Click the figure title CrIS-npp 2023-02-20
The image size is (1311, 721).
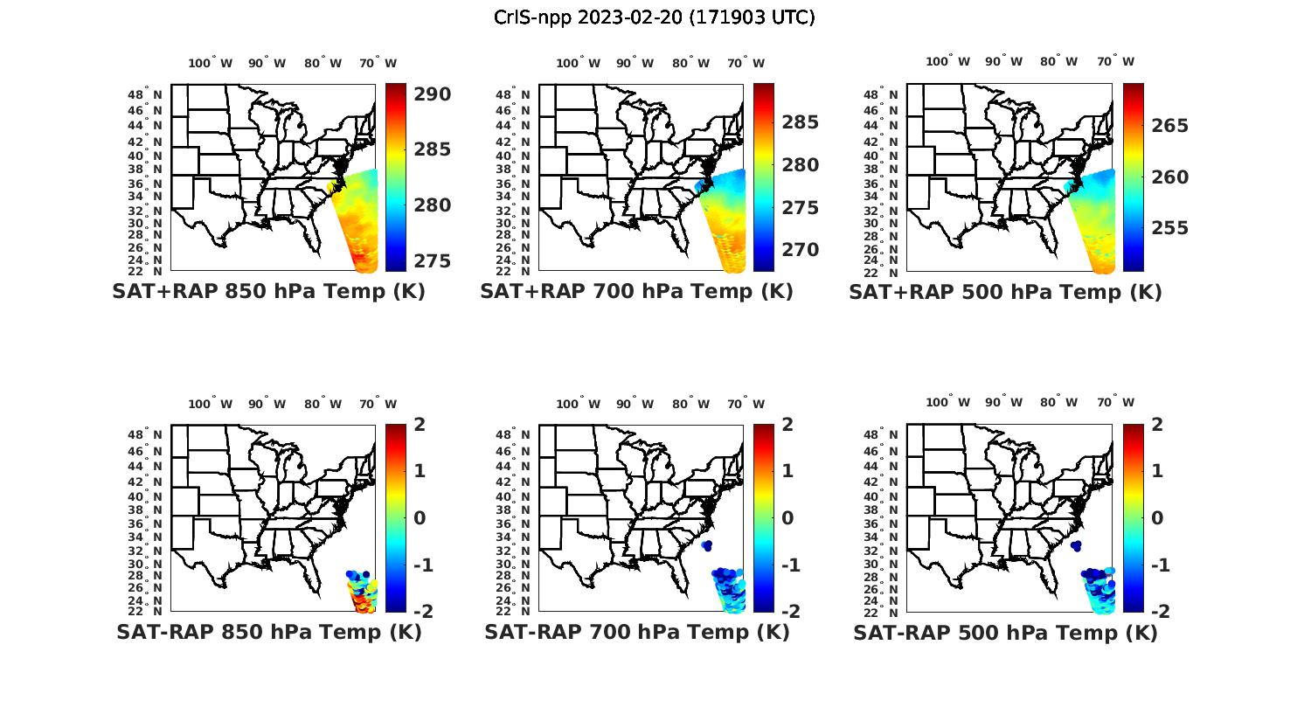[x=654, y=17]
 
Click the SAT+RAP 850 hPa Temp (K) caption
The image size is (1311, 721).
[x=268, y=291]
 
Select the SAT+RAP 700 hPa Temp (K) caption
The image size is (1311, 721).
[x=636, y=291]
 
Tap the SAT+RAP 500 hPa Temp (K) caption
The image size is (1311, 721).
[x=1005, y=292]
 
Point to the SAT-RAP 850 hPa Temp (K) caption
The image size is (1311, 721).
[x=268, y=631]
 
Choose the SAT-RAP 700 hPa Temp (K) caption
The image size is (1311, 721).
[x=636, y=631]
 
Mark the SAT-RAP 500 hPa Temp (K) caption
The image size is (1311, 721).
[x=1005, y=632]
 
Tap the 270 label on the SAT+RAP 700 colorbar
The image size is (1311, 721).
[x=800, y=250]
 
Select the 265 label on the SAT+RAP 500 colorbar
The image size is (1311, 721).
[x=1169, y=126]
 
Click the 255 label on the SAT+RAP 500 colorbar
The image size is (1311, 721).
[x=1169, y=228]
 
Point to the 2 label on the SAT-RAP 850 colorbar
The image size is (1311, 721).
[x=420, y=425]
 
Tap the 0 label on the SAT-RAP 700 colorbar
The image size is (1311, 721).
[x=788, y=517]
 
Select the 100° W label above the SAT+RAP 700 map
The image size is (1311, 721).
[x=578, y=63]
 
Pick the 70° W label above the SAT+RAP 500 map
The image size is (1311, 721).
[x=1116, y=61]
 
